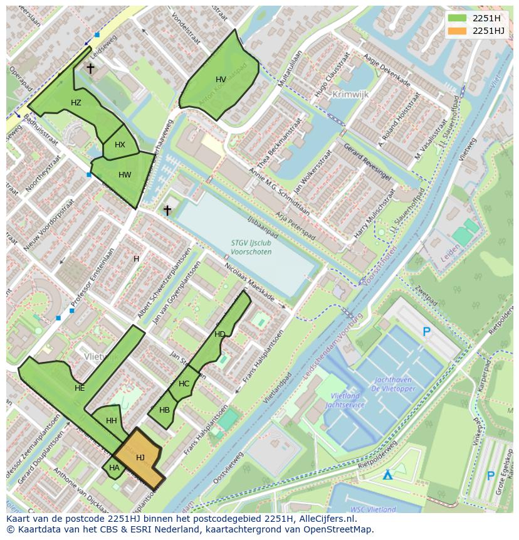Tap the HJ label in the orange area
point(140,458)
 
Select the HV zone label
point(221,80)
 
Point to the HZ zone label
point(76,103)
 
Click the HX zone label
point(120,145)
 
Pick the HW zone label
point(125,175)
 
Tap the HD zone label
point(219,334)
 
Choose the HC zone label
point(184,384)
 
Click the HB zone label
point(164,410)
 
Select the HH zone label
point(112,421)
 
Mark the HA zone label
point(114,467)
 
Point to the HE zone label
point(80,388)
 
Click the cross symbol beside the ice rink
point(167,210)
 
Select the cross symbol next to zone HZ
point(90,68)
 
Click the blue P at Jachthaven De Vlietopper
point(427,332)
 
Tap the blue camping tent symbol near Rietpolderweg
point(389,475)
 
